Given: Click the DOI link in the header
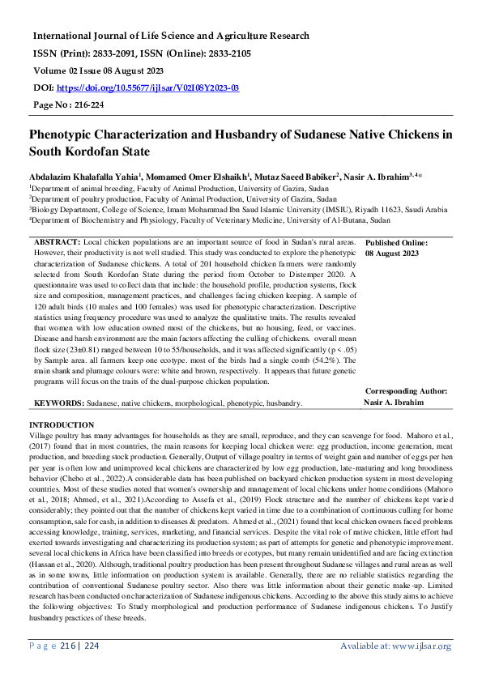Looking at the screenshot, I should click(x=147, y=87).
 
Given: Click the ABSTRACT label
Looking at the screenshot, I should click(x=57, y=242).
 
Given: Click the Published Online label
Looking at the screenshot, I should click(x=397, y=242).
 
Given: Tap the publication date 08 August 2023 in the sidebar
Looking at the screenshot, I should click(x=392, y=254).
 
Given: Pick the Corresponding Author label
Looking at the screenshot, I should click(x=403, y=390).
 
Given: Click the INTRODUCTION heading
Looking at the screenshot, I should click(x=62, y=424).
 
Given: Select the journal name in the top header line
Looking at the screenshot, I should click(x=170, y=36).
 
